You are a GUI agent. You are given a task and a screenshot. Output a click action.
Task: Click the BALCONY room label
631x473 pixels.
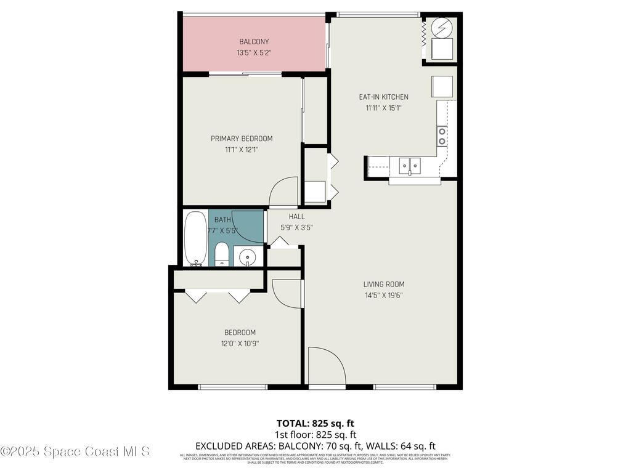coord(254,42)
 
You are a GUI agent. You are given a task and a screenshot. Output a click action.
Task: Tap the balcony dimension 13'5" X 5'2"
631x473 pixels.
coord(254,53)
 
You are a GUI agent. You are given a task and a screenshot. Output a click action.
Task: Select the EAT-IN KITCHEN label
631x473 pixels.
coord(383,97)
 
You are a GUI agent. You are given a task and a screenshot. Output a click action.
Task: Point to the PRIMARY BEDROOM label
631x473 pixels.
coord(242,139)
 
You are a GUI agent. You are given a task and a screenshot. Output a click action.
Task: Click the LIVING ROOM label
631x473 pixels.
coord(383,285)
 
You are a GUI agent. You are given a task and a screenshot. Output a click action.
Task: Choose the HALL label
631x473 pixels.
coord(297,217)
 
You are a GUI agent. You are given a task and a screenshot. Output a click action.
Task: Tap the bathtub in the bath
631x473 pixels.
coord(196,238)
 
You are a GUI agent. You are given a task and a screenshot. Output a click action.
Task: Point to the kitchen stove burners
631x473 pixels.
coord(442,136)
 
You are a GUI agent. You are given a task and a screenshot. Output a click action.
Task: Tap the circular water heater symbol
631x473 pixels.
coord(442,27)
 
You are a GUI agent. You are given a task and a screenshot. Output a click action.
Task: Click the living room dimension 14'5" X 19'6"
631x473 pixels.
coord(383,295)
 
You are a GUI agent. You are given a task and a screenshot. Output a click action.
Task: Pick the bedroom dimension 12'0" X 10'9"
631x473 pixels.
coord(240,344)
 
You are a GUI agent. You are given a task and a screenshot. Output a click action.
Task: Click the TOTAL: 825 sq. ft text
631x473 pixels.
coord(315,423)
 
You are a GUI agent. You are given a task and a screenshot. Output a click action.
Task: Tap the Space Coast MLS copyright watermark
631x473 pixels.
coord(75,451)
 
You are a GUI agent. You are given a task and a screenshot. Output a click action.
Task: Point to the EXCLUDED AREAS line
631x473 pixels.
coord(315,446)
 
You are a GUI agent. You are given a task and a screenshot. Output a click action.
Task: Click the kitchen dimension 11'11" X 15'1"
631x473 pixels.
coord(383,108)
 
